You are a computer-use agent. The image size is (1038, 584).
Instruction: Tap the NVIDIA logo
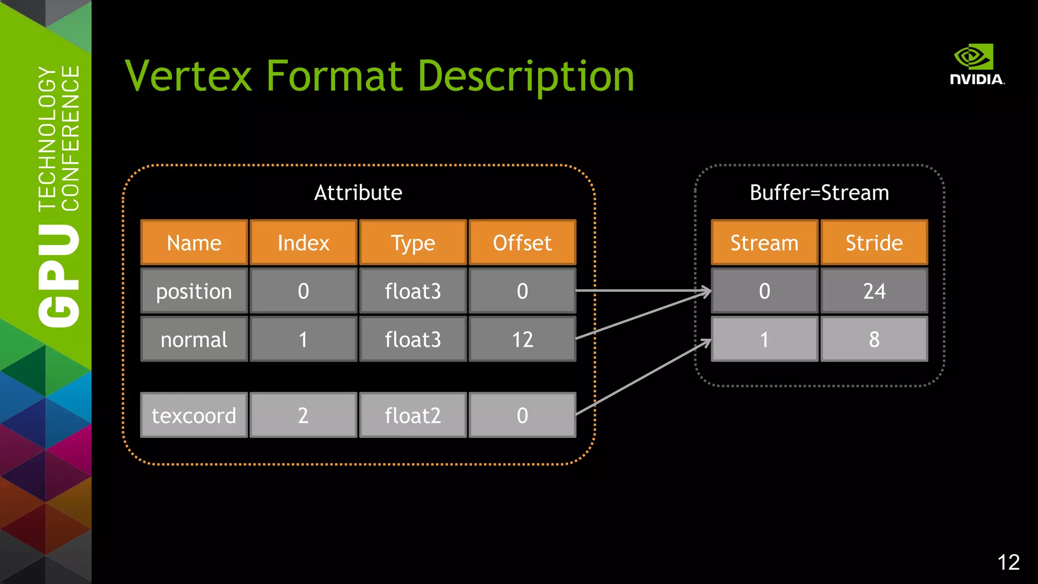[976, 64]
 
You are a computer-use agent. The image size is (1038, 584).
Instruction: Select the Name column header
[194, 243]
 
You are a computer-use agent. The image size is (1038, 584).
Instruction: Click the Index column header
[304, 243]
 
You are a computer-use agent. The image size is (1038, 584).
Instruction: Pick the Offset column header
[523, 243]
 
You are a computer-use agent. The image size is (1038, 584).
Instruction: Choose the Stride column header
[874, 243]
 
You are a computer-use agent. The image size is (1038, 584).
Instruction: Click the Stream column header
[764, 243]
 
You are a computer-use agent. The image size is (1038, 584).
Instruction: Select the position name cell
[194, 291]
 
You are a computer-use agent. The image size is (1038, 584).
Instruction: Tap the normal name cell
[194, 339]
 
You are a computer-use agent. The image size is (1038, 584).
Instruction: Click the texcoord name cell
[194, 415]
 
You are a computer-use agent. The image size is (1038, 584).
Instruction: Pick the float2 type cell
[413, 415]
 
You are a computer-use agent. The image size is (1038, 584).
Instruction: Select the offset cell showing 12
[523, 339]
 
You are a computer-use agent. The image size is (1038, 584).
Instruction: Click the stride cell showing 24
[874, 291]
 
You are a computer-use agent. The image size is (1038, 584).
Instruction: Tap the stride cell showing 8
[874, 339]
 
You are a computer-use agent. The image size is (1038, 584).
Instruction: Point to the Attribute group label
[358, 193]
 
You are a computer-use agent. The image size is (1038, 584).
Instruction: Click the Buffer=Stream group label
[819, 193]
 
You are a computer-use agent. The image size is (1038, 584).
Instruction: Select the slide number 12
[1008, 562]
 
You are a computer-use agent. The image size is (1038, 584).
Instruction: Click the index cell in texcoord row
[304, 415]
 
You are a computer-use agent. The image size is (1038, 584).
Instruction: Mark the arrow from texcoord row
[644, 377]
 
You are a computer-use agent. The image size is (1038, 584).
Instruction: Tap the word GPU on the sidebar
[59, 276]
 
